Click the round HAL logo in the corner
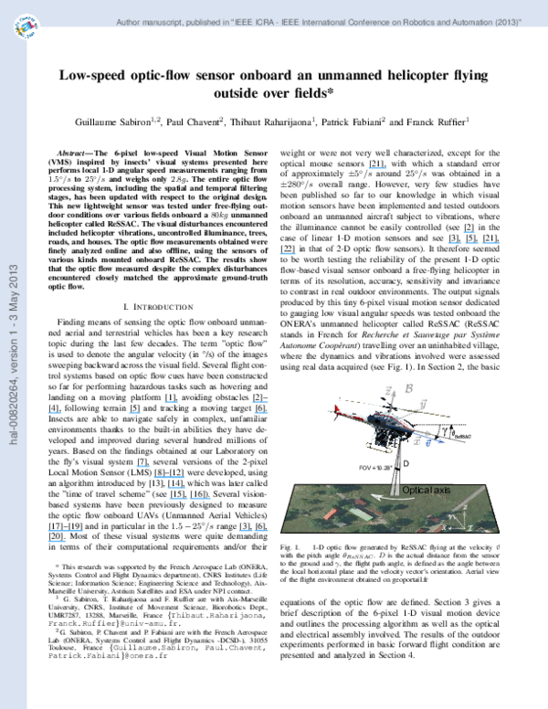[26, 28]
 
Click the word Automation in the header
[477, 22]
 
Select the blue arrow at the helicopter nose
[435, 442]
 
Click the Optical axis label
[426, 491]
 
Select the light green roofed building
[361, 515]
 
